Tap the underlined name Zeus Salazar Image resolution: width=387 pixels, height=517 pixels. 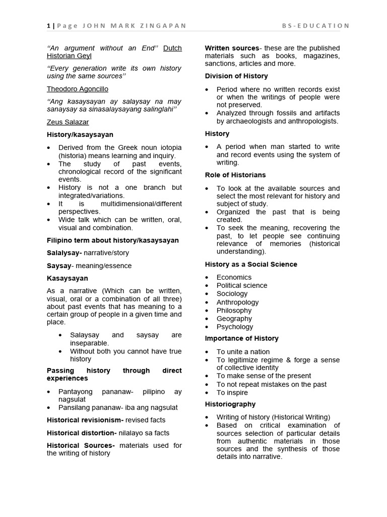tap(68, 122)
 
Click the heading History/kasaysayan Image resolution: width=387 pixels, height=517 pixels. tap(80, 135)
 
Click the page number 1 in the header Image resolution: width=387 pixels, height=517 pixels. tap(48, 26)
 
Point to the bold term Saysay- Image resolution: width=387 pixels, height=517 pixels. tap(60, 266)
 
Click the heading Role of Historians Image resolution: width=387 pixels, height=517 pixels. tap(235, 175)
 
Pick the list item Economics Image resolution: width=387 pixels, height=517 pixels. tap(234, 277)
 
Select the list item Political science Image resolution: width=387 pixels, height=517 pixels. tap(242, 285)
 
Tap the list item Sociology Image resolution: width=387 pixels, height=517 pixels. tap(232, 293)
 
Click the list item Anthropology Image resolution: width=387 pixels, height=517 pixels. tap(237, 302)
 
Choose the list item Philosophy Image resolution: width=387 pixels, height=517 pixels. tap(234, 311)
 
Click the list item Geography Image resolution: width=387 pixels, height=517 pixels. tap(234, 319)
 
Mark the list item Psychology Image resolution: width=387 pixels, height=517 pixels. tap(235, 327)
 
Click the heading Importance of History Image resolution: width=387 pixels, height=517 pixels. tap(241, 338)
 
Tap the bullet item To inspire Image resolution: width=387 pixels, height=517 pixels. tap(232, 392)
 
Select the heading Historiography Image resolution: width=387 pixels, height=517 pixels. tap(230, 404)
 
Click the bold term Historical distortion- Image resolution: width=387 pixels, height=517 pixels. tap(82, 433)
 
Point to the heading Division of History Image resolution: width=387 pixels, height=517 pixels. tap(236, 76)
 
